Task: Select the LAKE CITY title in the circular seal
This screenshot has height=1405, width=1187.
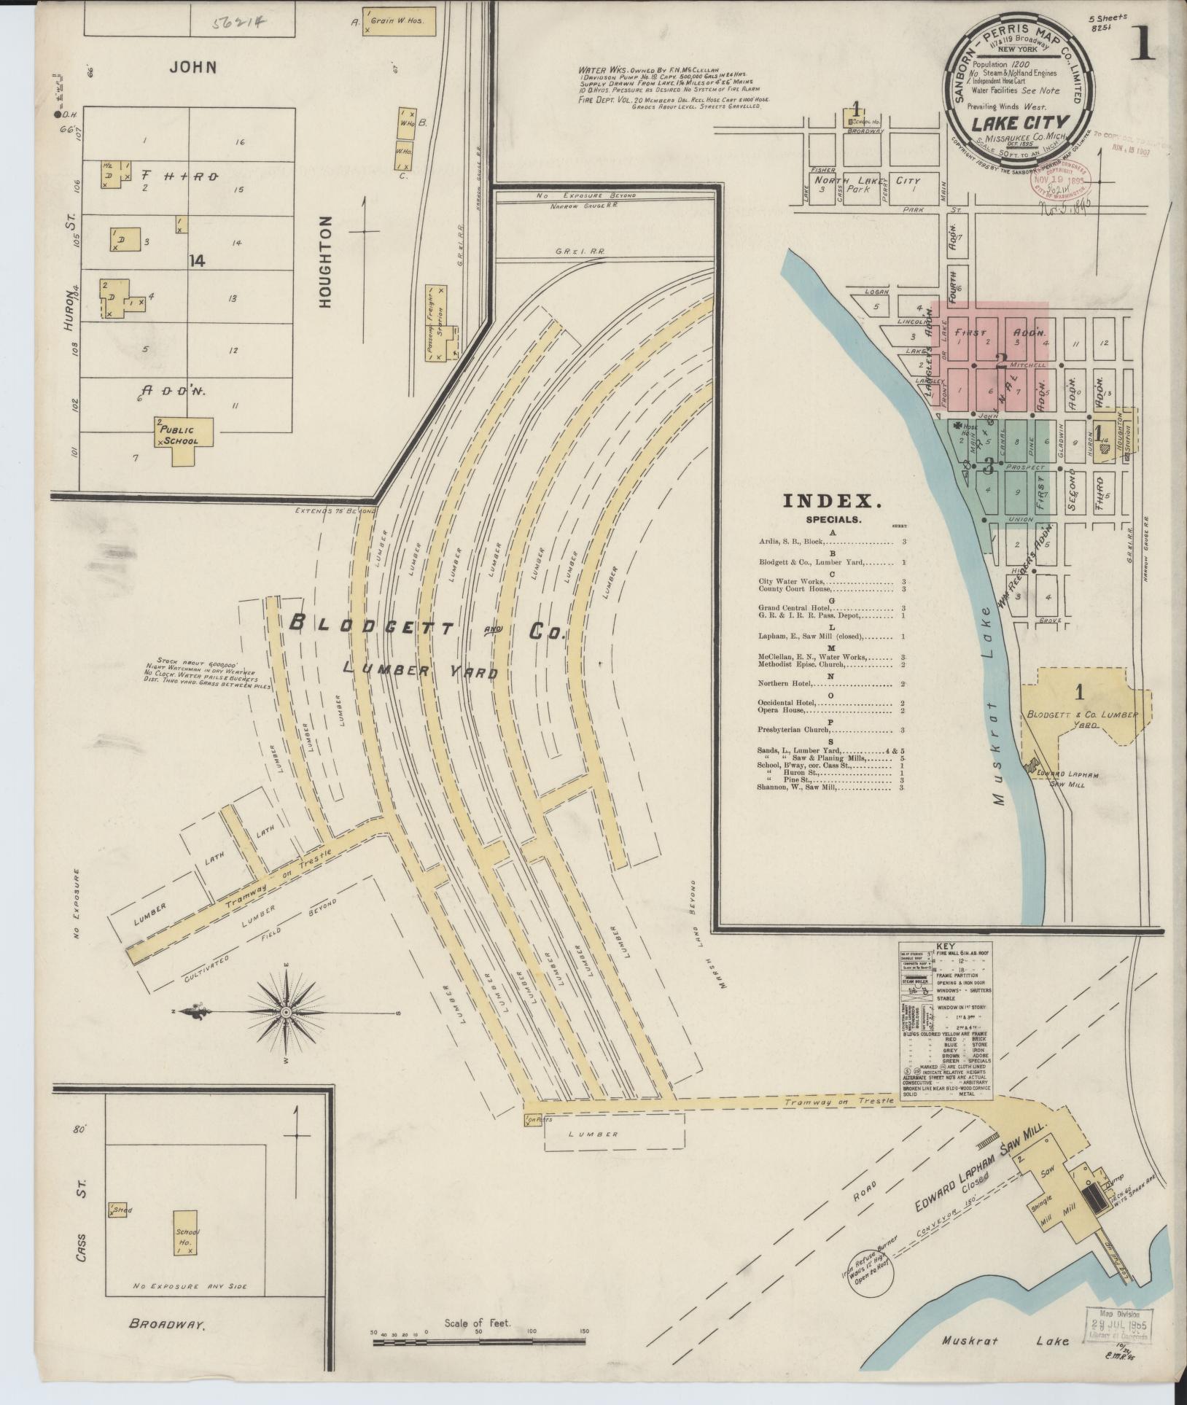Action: tap(1019, 123)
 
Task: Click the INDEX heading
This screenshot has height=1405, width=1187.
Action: tap(832, 501)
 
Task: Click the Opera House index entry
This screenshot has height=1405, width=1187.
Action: tap(783, 709)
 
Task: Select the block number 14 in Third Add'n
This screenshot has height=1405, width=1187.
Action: tap(196, 261)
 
